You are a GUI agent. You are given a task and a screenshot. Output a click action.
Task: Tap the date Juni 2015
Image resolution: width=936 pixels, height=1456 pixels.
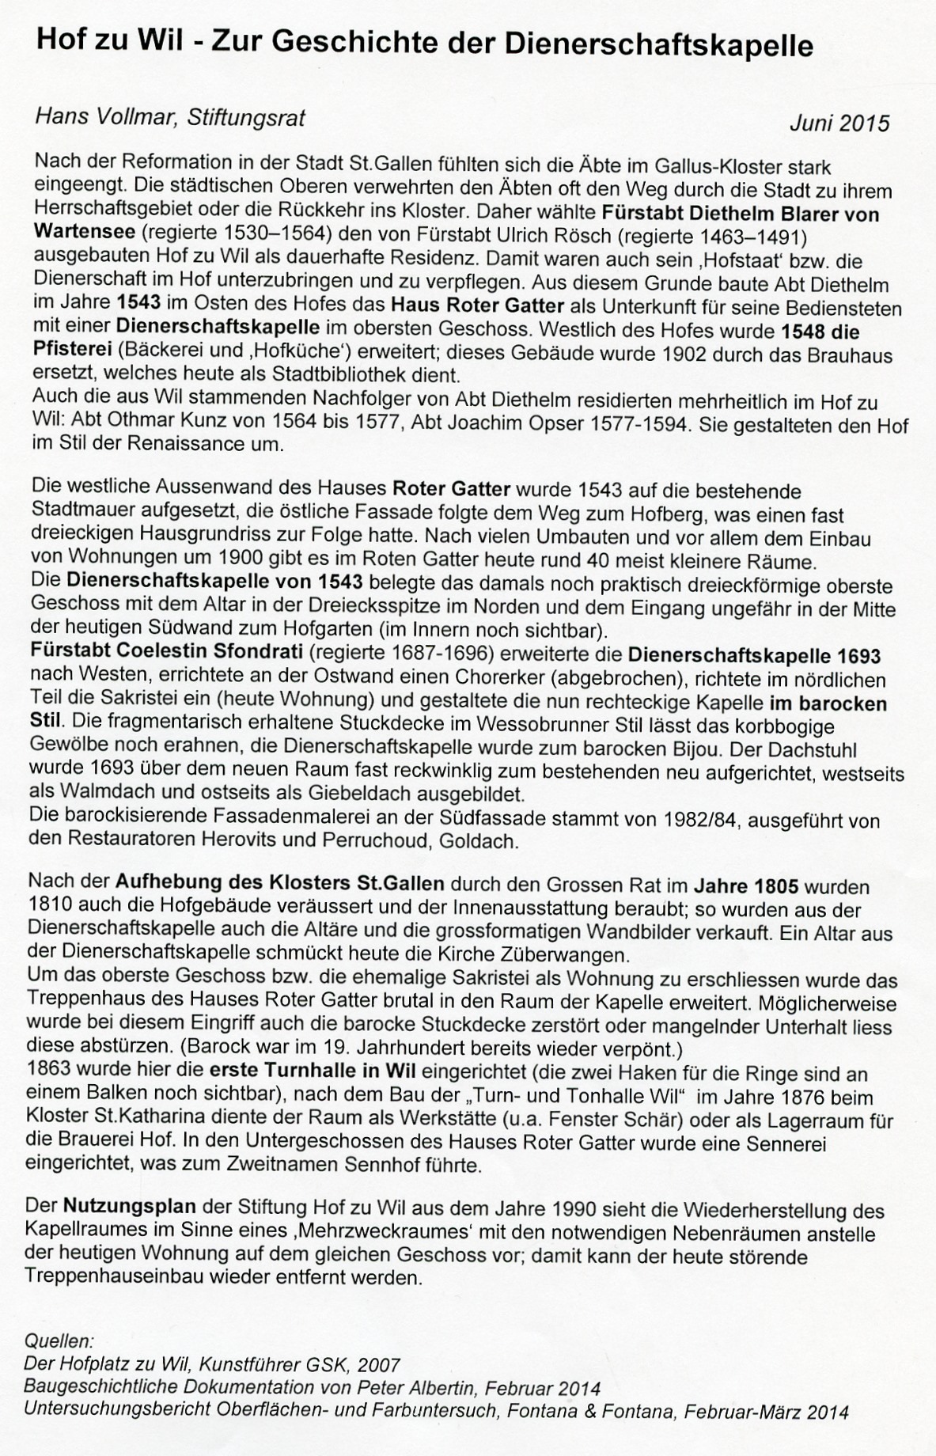tap(839, 123)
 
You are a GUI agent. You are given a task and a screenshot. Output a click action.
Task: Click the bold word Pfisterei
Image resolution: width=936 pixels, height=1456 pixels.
tap(69, 349)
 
